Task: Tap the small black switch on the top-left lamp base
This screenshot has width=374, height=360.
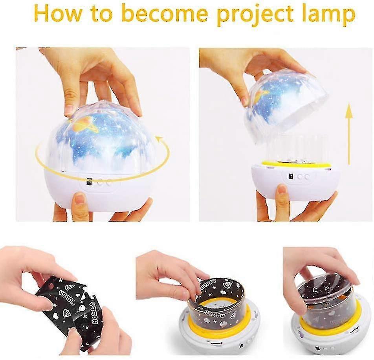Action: click(89, 182)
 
